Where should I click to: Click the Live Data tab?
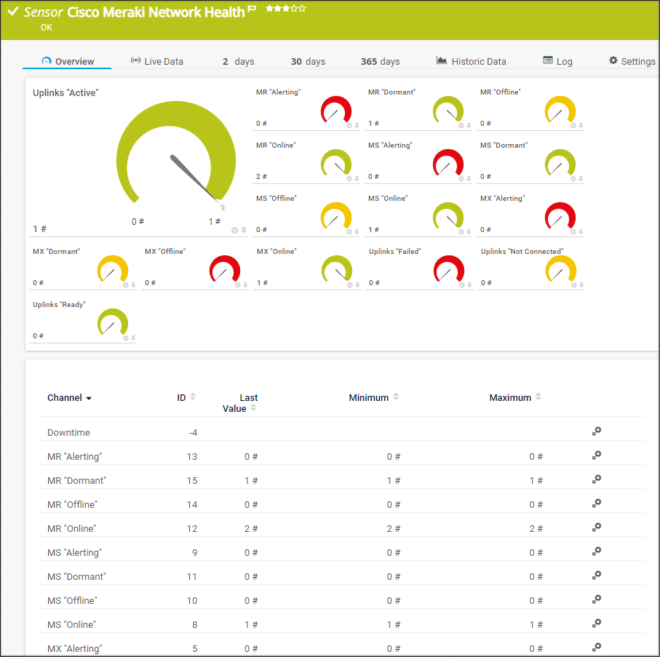coord(157,61)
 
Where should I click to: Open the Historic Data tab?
coord(471,61)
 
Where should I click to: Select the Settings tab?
coord(632,61)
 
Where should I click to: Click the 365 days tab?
coord(380,61)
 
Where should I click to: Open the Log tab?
coord(557,61)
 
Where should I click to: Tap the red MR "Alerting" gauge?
coord(335,111)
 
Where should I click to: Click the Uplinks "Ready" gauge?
coord(112,322)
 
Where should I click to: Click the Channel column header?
coord(69,398)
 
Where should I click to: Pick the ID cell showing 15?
coord(192,480)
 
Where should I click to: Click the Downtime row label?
coord(68,432)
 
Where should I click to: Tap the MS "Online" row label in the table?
coord(71,624)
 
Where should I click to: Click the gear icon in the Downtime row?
coord(596,431)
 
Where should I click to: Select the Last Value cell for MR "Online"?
coord(251,528)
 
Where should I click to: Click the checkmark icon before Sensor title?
coord(12,12)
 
